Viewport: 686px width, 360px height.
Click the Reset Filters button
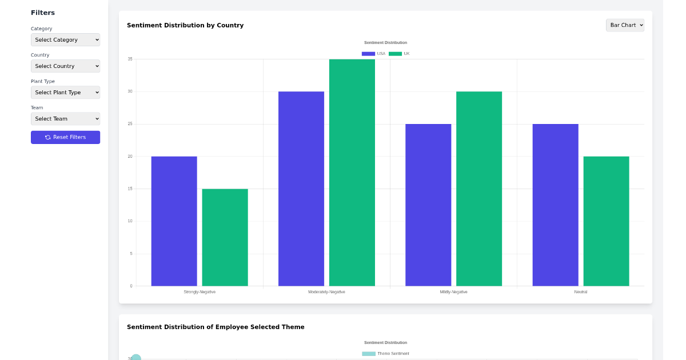[65, 137]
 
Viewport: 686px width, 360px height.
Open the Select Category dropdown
[65, 40]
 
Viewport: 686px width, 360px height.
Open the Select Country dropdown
[65, 66]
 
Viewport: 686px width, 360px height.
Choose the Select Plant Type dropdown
[65, 93]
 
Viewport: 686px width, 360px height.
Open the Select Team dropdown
[65, 119]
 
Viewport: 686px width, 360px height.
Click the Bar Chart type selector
[625, 25]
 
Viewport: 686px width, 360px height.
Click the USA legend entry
[374, 54]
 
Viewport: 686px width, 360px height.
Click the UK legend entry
[400, 54]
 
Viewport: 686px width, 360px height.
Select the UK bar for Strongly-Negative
[225, 237]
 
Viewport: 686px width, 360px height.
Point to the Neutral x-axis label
[581, 292]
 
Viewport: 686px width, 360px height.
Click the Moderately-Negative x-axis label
[326, 292]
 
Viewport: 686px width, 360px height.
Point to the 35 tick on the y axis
[130, 59]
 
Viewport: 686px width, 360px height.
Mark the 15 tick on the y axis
[130, 189]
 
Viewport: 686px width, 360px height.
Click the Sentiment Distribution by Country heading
[185, 25]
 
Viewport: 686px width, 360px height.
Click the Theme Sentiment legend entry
[386, 354]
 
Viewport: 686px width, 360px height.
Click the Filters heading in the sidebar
[43, 13]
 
